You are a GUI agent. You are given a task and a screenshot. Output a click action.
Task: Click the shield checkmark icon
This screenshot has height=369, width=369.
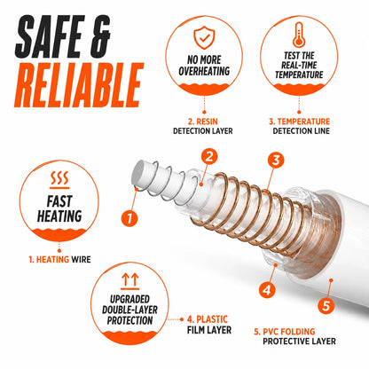pos(204,37)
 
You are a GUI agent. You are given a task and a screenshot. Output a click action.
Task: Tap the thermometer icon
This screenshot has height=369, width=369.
pos(299,35)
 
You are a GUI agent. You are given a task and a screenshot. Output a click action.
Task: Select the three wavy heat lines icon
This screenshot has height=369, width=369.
pos(59,179)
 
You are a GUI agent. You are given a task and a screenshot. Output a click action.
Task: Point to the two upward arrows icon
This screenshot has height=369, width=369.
pos(130,281)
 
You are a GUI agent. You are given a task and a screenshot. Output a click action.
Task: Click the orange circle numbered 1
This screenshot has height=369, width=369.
pos(130,218)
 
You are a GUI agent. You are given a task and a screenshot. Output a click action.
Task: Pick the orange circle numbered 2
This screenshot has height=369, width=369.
pos(209,157)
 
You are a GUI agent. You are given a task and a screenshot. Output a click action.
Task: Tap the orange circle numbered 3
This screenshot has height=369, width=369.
pos(276,160)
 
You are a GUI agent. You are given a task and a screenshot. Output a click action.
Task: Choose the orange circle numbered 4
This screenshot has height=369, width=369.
pos(267,290)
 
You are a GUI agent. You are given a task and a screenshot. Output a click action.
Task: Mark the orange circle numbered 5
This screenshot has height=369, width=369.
pos(326,305)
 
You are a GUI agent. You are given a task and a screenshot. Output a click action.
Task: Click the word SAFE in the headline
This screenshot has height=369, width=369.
pos(49,36)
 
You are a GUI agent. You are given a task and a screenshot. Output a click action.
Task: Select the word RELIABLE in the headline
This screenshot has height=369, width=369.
pos(79,85)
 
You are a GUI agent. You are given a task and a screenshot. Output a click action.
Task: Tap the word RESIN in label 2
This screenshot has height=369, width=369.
pos(207,122)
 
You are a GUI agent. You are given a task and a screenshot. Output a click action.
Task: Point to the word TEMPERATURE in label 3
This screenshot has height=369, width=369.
pos(303,122)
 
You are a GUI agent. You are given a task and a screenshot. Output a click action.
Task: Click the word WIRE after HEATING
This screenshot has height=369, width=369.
pos(81,260)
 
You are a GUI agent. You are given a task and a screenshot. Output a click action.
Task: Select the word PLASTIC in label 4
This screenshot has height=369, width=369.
pos(212,319)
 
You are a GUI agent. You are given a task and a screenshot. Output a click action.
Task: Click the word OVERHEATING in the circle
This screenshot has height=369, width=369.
pos(204,71)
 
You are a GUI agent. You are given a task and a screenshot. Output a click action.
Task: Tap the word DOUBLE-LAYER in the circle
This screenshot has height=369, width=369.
pos(130,310)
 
